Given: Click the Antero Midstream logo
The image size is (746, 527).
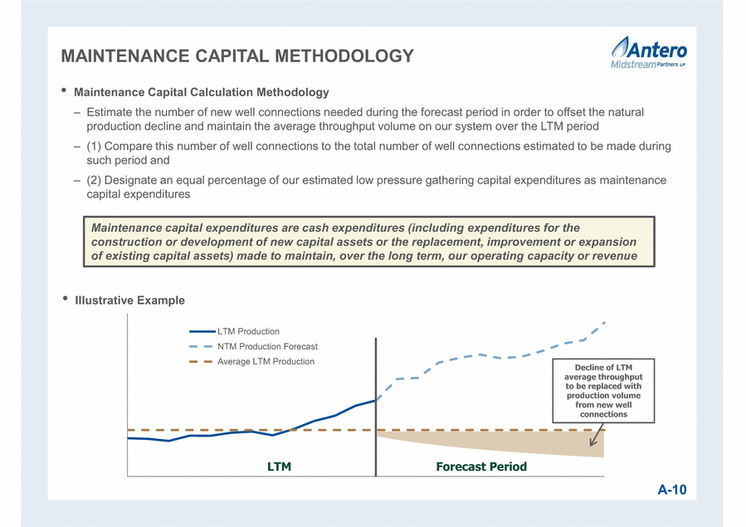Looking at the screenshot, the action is tap(648, 52).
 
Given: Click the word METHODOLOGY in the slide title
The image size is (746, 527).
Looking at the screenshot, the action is tap(344, 56).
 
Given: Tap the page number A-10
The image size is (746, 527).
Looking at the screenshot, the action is tap(672, 490).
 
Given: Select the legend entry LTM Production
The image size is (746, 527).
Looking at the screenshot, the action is tap(235, 331).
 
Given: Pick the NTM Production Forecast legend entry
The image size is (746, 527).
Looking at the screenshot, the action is tap(254, 347).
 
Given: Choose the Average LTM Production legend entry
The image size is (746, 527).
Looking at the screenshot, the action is tap(252, 362).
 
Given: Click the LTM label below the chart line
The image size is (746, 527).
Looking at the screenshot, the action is tap(280, 466).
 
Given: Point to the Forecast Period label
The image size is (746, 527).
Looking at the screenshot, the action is tap(481, 466).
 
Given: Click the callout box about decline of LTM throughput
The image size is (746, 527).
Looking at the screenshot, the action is tap(603, 391).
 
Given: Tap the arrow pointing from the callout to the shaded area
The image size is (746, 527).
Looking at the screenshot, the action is tap(597, 435).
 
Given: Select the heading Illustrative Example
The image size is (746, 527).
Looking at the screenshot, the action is tap(130, 300).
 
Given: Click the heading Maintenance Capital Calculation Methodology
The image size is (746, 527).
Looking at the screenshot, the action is tap(202, 92).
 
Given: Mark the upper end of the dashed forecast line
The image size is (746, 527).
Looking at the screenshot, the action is tap(604, 323).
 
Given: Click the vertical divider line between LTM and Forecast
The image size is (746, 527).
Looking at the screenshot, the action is tap(376, 407).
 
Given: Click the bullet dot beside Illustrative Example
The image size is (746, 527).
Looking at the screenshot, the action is tap(66, 299).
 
